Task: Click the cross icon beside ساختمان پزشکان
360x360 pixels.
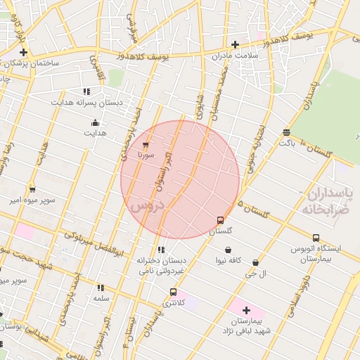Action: [x=23, y=52]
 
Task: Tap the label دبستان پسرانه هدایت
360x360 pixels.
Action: [x=86, y=102]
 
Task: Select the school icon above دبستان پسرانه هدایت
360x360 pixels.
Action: [x=86, y=91]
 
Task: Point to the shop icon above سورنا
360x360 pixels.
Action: [x=146, y=144]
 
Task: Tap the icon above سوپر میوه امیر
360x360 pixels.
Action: [x=32, y=189]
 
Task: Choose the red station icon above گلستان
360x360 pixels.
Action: [x=220, y=219]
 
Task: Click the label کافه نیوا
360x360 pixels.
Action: [x=229, y=260]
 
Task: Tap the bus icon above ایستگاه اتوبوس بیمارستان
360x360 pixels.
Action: [x=316, y=238]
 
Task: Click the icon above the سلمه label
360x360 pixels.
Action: [x=101, y=288]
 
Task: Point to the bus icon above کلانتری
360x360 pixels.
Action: [x=173, y=292]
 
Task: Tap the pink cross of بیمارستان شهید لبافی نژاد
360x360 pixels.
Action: [x=246, y=309]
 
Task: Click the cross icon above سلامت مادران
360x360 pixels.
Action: [x=235, y=44]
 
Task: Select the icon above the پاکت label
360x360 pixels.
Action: [x=286, y=132]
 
